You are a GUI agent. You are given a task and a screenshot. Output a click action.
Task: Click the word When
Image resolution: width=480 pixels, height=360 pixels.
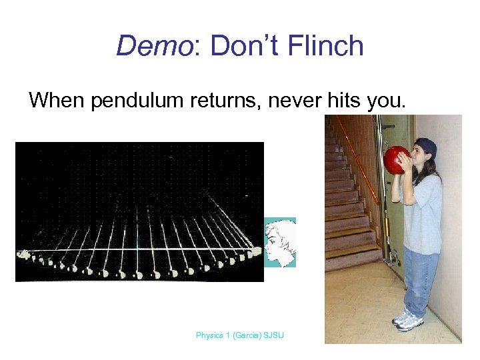[57, 101]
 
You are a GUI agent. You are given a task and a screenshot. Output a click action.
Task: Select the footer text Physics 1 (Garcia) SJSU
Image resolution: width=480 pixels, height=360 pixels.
[239, 335]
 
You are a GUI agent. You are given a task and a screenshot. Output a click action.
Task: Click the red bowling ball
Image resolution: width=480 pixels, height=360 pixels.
[399, 161]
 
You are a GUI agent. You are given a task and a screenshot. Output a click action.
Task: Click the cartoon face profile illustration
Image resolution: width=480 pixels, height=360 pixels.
[279, 242]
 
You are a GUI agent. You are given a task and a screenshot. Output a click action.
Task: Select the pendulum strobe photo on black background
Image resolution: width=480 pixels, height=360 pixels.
[139, 211]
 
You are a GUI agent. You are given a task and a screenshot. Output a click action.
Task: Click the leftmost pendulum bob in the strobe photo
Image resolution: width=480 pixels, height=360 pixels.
[25, 255]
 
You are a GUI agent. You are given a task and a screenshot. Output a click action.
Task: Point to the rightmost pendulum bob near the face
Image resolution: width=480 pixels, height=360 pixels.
[257, 251]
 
